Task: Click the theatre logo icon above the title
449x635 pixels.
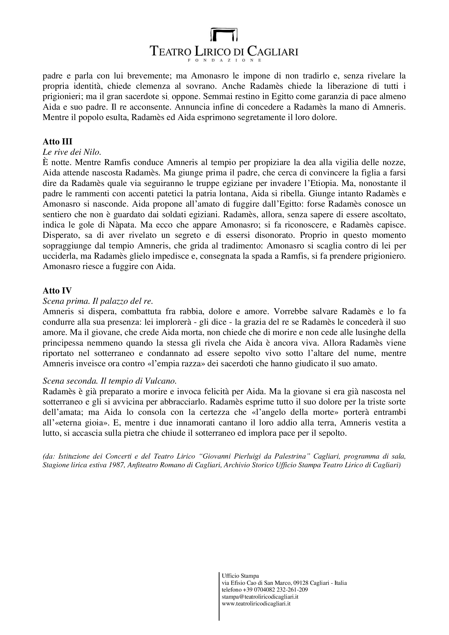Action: (x=224, y=34)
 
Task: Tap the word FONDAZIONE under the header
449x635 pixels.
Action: (x=224, y=60)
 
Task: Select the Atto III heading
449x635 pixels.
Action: (x=57, y=142)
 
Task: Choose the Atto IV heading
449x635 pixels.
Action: (x=57, y=291)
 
